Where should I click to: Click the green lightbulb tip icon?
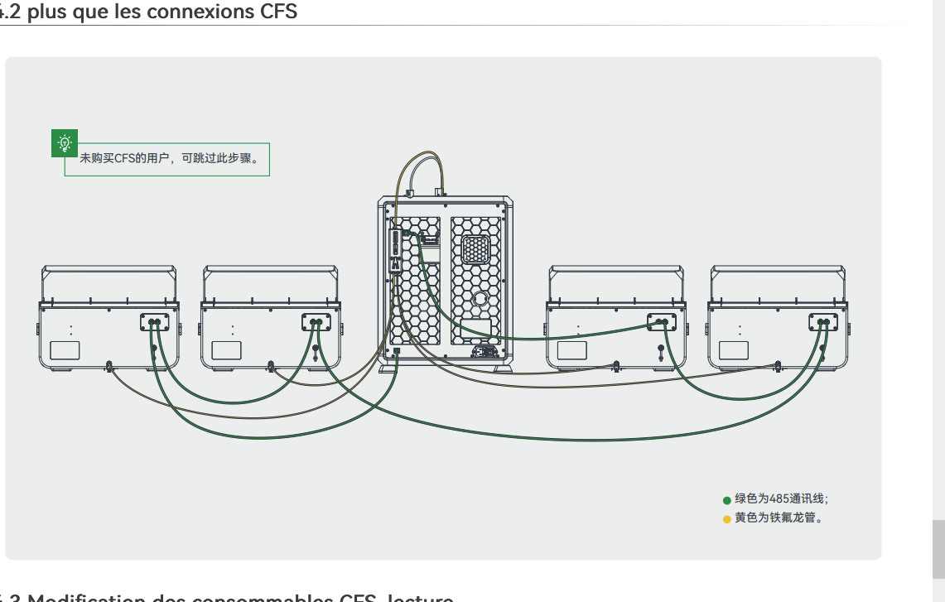(64, 143)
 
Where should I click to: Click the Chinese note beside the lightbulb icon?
(174, 158)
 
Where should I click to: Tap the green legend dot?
(726, 499)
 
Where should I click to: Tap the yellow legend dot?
(726, 519)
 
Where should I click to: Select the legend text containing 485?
(781, 499)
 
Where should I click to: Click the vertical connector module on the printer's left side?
(397, 249)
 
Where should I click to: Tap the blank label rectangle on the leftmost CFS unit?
(65, 349)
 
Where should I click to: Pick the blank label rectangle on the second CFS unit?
(226, 349)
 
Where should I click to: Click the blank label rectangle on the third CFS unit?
(571, 349)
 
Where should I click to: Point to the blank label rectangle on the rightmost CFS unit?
(733, 349)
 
